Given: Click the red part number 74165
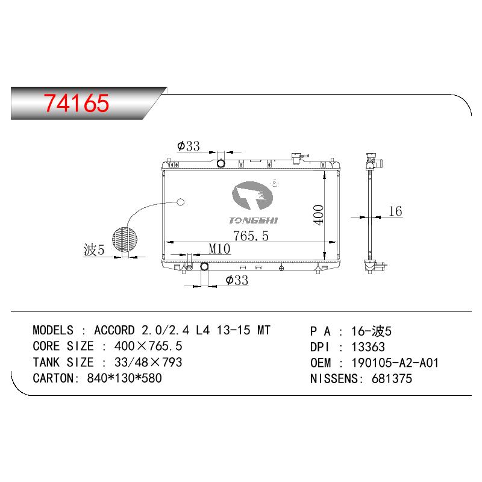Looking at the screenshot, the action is (x=77, y=102).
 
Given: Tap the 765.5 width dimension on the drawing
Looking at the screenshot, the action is (x=251, y=236).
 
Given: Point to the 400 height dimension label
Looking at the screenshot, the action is (x=319, y=215).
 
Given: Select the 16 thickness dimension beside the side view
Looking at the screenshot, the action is (x=395, y=211).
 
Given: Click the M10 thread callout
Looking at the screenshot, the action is (x=219, y=249).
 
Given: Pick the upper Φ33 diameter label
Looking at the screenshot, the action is (x=189, y=146).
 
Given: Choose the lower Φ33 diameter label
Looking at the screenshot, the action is (x=237, y=280).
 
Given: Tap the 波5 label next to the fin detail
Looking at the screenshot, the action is (x=94, y=249).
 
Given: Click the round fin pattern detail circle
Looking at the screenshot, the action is (x=125, y=239).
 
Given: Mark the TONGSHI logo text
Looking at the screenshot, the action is (x=253, y=221).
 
